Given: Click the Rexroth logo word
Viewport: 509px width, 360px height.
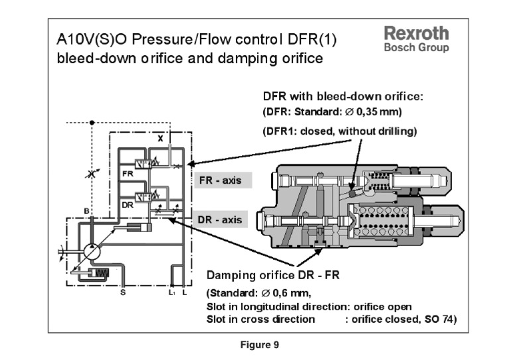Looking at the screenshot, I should pos(416,33).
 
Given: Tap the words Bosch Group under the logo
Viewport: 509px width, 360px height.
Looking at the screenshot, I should pos(416,48).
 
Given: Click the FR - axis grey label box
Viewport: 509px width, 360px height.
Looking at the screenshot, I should pos(221,180).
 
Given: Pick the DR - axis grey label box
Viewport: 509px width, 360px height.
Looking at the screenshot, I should pos(220,219).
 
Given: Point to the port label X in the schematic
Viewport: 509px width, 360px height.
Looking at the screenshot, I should pos(160,138).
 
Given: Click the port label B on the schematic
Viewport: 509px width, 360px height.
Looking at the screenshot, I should pos(86,211).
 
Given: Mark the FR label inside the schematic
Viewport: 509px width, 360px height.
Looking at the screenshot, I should pos(128,172).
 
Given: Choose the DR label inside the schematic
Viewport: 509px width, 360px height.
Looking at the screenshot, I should pos(128,206).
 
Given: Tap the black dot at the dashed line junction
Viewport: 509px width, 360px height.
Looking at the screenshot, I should pos(92,122).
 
